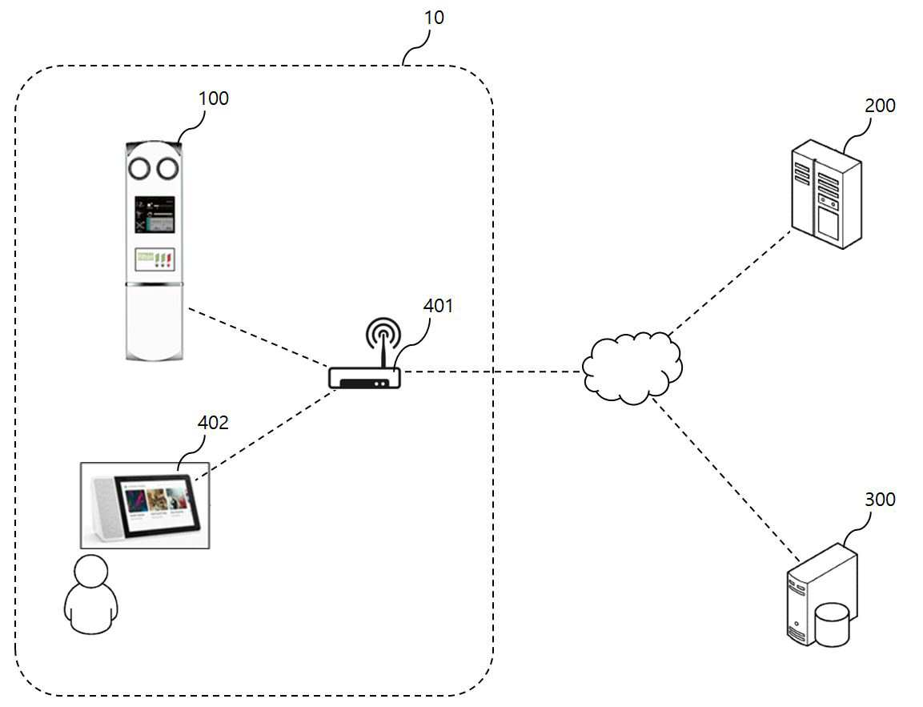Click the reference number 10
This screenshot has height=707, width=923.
tap(434, 18)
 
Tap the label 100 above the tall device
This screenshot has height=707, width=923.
tap(213, 98)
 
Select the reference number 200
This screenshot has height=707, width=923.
tap(880, 106)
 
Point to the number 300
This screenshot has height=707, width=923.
tap(880, 499)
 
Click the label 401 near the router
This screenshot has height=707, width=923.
tap(438, 306)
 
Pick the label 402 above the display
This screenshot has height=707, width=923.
tap(212, 423)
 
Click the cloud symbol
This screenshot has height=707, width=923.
tap(632, 368)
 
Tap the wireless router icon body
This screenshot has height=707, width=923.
tap(364, 378)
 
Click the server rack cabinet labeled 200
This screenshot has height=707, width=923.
tap(826, 194)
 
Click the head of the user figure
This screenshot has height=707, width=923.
tap(92, 571)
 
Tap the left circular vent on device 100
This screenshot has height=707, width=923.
tap(140, 169)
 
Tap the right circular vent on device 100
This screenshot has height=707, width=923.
tap(167, 169)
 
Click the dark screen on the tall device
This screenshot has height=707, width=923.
tap(155, 215)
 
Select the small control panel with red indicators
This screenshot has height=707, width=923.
tap(155, 259)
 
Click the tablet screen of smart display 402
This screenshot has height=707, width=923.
tap(158, 504)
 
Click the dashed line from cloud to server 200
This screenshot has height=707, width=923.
tap(731, 283)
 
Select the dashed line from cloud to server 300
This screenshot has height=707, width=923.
tap(726, 480)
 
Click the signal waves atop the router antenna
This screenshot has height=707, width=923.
tap(383, 332)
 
